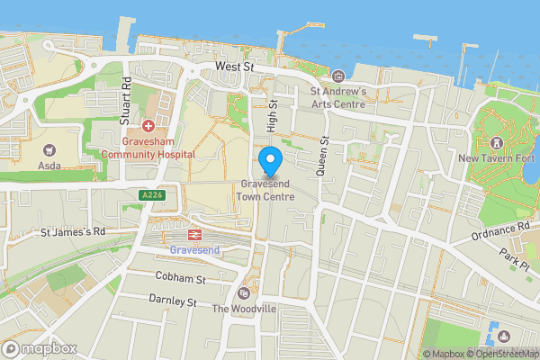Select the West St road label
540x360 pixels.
[x=235, y=67]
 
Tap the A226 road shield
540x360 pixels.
[x=152, y=193]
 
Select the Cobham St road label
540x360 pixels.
[x=180, y=278]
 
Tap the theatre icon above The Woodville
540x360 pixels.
[x=242, y=294]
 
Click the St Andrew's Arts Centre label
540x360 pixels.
[x=337, y=97]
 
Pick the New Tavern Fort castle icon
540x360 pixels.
[x=496, y=143]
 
